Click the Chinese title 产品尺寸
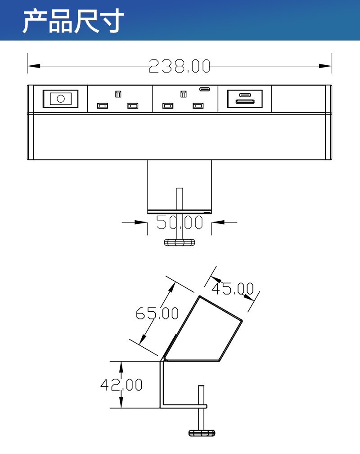(x=73, y=21)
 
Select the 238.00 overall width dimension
(x=180, y=66)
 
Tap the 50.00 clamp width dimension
(x=180, y=222)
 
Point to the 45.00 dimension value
(x=232, y=288)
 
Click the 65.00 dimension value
(x=157, y=313)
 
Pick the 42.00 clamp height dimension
(x=121, y=385)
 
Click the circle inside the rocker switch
(x=60, y=98)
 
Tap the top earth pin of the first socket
(x=118, y=94)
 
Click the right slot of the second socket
(x=198, y=106)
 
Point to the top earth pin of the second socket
(x=183, y=94)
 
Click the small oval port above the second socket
(x=204, y=89)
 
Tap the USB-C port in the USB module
(x=245, y=95)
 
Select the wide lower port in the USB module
(x=245, y=102)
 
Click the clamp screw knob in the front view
(x=180, y=242)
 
